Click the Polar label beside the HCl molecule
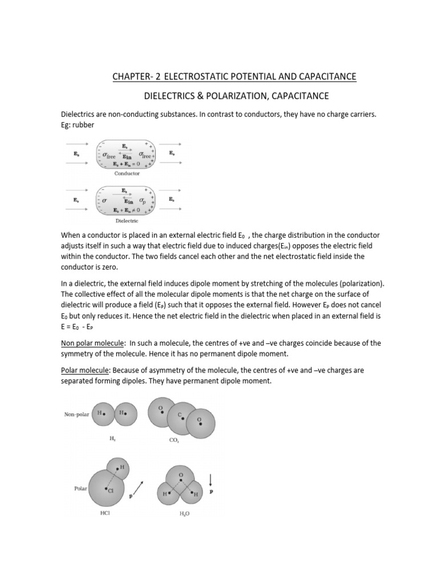pyautogui.click(x=79, y=489)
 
